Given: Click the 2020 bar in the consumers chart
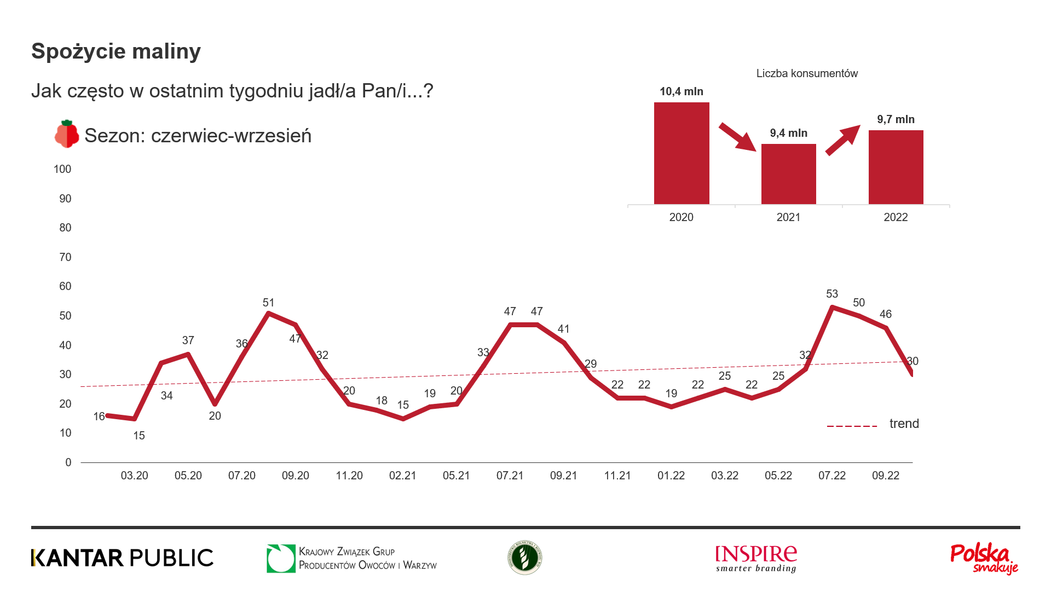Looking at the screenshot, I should [x=682, y=153].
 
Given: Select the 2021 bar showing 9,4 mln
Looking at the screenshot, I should [x=788, y=174].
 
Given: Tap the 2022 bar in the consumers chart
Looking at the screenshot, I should [x=896, y=167].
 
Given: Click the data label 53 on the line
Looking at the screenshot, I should [x=832, y=294].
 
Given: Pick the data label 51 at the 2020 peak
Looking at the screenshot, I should [x=268, y=303].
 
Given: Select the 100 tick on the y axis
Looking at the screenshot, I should [x=62, y=170].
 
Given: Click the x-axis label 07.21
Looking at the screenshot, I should [x=510, y=476].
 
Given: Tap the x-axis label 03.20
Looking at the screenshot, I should [x=134, y=476].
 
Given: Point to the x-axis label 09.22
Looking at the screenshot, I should [x=885, y=476].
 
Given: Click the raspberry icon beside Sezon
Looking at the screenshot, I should [x=67, y=134].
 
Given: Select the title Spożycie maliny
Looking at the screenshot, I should [x=116, y=51].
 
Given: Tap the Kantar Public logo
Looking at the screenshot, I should [x=123, y=558].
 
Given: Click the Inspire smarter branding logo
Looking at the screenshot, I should [x=756, y=559].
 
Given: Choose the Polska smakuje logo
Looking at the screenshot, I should [x=984, y=559].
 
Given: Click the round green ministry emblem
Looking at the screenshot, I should [x=524, y=558].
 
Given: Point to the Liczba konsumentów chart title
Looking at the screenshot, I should [x=807, y=74].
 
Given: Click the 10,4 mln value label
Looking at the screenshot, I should [x=682, y=92].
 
